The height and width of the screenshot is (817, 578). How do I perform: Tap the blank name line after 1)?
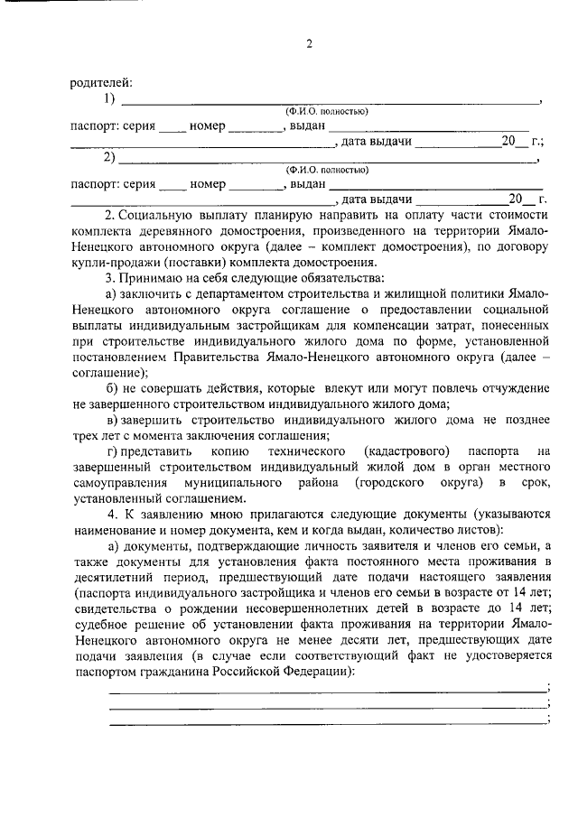(330, 100)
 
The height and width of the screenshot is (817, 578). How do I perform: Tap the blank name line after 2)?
(330, 159)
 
